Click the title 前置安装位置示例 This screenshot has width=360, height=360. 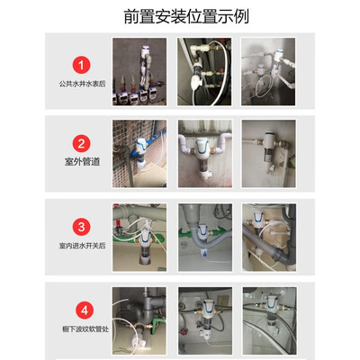pos(186,16)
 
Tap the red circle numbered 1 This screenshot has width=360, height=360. pos(81,65)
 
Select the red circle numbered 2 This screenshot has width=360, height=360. pos(81,144)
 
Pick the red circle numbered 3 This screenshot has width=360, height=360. pos(81,227)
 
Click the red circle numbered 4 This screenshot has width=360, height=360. pos(85,310)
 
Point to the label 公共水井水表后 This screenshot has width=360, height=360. pos(82,84)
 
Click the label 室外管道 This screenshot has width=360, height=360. pos(82,162)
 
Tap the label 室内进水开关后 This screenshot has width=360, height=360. pos(82,246)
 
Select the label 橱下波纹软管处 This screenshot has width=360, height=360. pos(85,329)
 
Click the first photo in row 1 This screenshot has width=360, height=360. pos(139,72)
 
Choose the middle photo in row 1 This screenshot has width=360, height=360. pos(204,72)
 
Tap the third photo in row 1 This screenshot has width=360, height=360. pos(268,72)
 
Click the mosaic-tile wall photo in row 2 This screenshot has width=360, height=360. pos(139,154)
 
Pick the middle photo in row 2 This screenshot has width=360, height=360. pos(205,154)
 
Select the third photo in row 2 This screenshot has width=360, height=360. pos(269,154)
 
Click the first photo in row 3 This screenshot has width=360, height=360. pos(139,238)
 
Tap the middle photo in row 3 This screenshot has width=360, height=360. pos(205,238)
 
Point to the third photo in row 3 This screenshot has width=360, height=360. pos(269,238)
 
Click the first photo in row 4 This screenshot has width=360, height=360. pos(139,321)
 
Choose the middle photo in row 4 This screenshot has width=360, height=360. pos(205,321)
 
